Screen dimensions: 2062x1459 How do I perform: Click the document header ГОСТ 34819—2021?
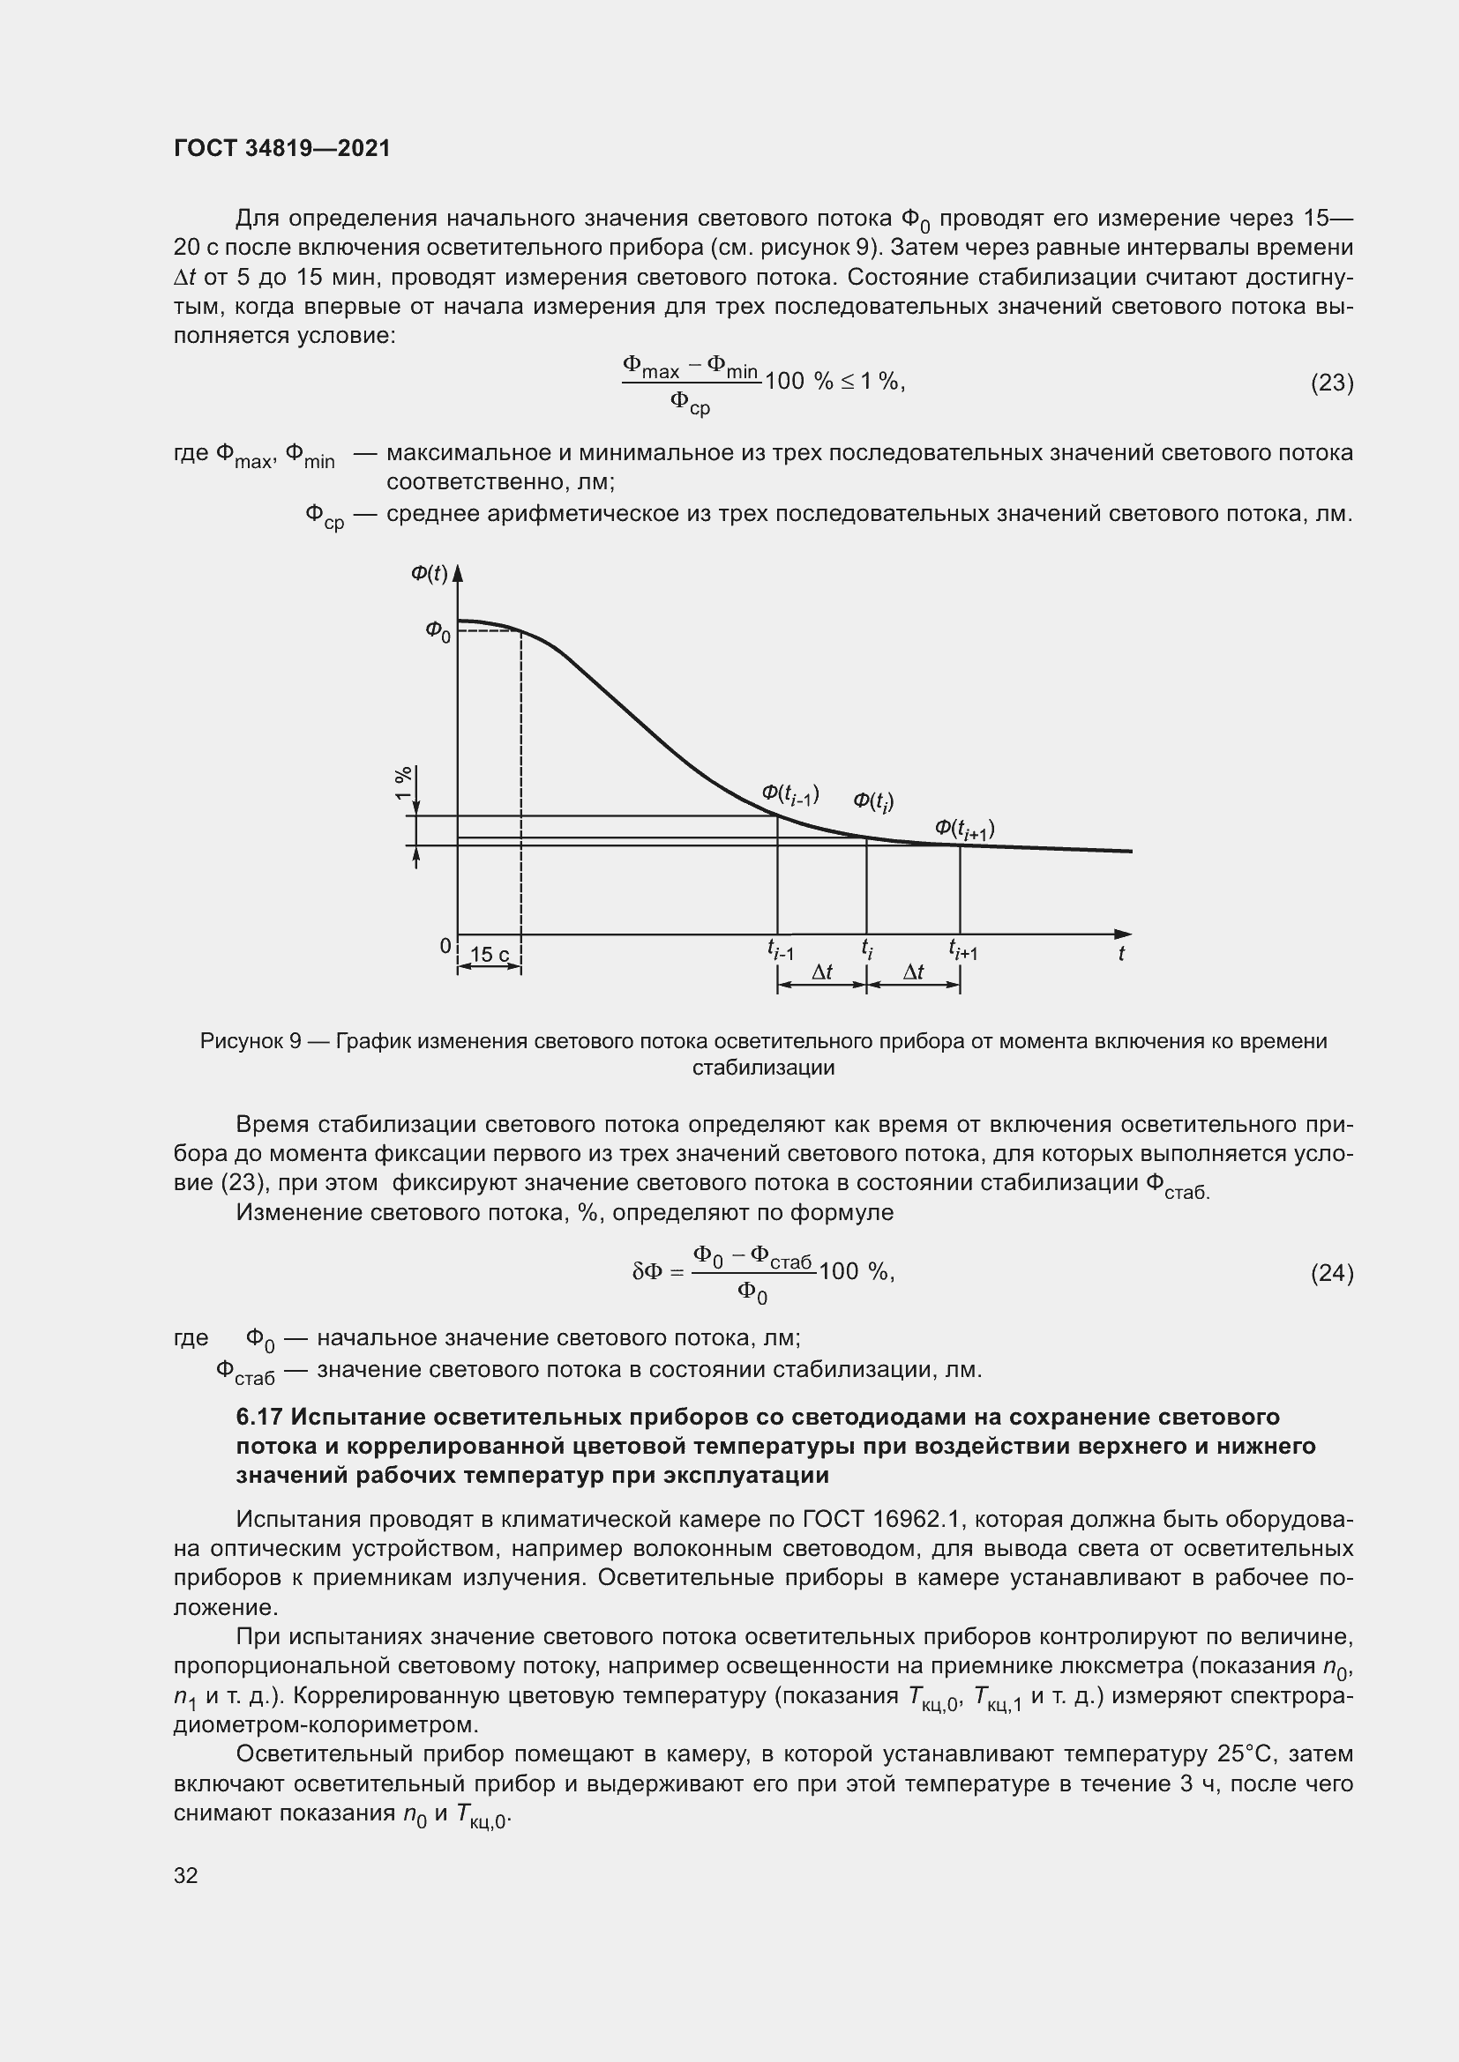(x=282, y=149)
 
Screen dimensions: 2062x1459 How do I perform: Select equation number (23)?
(x=1331, y=383)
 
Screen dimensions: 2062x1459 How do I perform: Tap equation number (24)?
(x=1331, y=1273)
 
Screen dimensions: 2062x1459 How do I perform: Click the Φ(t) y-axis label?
(x=429, y=573)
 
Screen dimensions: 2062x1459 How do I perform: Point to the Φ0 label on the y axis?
(x=438, y=631)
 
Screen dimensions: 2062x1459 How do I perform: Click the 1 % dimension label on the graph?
(x=403, y=783)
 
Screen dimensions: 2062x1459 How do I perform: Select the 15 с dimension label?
(x=490, y=955)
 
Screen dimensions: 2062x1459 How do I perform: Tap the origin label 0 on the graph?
(x=445, y=946)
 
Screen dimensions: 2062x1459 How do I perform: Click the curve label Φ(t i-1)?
(x=789, y=794)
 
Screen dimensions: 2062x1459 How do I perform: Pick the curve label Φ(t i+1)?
(x=964, y=829)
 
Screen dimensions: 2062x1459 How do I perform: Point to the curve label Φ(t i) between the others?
(x=872, y=801)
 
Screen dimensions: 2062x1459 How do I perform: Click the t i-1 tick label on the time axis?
(x=780, y=949)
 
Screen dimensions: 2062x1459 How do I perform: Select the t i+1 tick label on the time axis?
(x=962, y=949)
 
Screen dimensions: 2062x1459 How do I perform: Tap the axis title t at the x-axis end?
(x=1121, y=954)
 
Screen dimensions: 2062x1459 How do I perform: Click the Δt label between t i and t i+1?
(x=913, y=971)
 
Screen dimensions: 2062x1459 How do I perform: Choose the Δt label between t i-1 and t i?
(x=821, y=971)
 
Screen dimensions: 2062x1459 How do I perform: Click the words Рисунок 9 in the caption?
(x=251, y=1041)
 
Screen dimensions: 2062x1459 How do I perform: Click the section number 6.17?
(x=259, y=1418)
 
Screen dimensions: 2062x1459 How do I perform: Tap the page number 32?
(x=186, y=1875)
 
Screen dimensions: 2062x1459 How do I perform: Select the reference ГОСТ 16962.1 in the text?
(x=880, y=1520)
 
